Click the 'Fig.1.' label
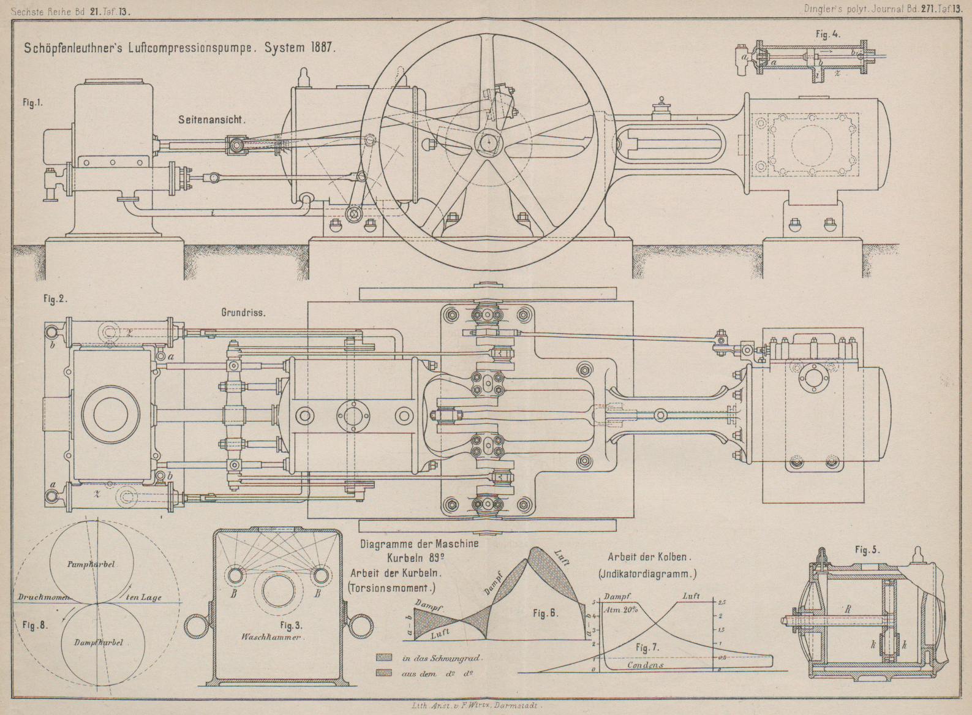coord(32,103)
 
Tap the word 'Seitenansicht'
coord(211,120)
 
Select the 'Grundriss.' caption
coord(243,312)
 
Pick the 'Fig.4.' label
coord(828,34)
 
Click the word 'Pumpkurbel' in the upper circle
coord(91,564)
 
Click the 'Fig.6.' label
coord(545,613)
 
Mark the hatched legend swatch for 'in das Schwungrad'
coord(384,657)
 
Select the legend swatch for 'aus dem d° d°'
coord(384,673)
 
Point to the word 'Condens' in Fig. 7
coord(645,665)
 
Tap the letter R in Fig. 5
coord(848,610)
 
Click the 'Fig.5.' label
coord(867,550)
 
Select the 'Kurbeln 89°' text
coord(415,558)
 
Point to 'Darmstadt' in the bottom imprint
coord(519,706)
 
